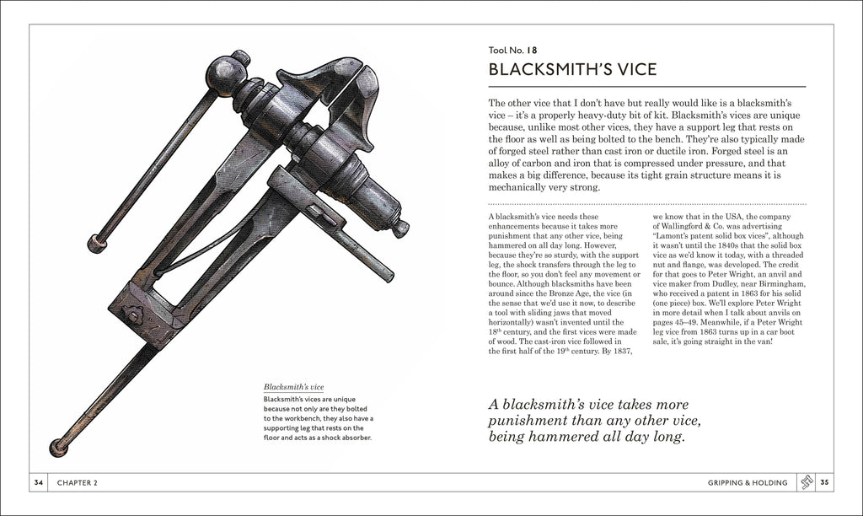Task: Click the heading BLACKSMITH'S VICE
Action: pyautogui.click(x=572, y=68)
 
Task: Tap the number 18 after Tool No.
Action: pyautogui.click(x=533, y=50)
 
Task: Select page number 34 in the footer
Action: pyautogui.click(x=38, y=483)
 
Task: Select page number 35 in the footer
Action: pyautogui.click(x=826, y=483)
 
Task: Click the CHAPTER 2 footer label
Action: pyautogui.click(x=78, y=483)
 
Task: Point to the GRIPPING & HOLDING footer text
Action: pyautogui.click(x=748, y=483)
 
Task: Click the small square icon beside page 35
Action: pyautogui.click(x=806, y=483)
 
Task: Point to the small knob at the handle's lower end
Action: pyautogui.click(x=96, y=245)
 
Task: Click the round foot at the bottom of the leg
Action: pyautogui.click(x=58, y=446)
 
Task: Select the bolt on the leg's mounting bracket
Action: pyautogui.click(x=132, y=317)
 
